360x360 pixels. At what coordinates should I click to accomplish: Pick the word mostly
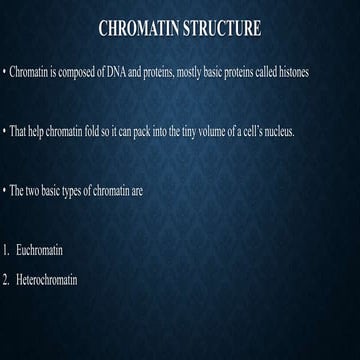point(193,75)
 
